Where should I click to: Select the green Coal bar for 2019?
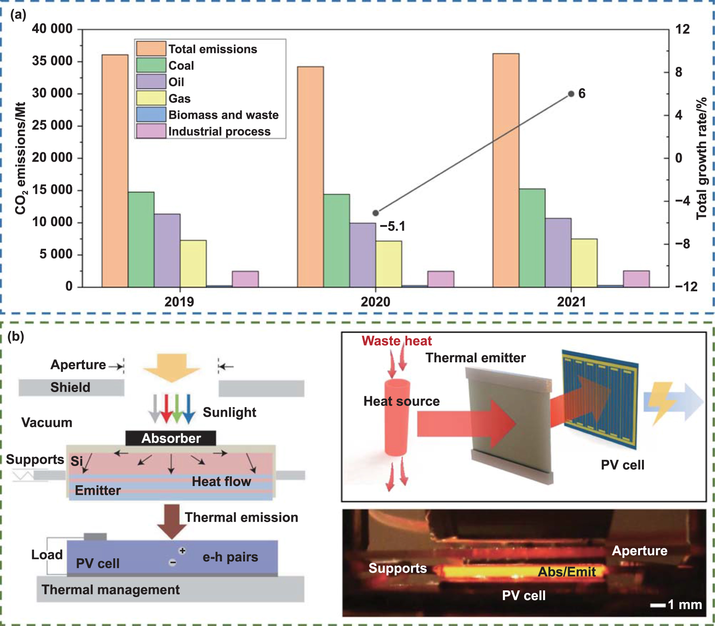[x=141, y=239]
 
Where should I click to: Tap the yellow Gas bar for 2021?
[x=584, y=263]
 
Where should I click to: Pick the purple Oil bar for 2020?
[x=363, y=255]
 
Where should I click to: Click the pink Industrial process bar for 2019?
[x=245, y=279]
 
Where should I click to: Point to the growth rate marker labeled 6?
[x=571, y=94]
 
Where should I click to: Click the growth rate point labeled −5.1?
[x=375, y=213]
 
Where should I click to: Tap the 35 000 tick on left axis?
[x=52, y=61]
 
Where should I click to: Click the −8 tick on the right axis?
[x=682, y=244]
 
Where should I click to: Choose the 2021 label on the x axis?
[x=571, y=302]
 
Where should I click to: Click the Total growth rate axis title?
[x=701, y=159]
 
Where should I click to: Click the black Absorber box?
[x=170, y=438]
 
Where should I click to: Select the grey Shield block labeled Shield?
[x=71, y=387]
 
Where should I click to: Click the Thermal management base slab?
[x=170, y=589]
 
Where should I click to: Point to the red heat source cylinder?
[x=397, y=418]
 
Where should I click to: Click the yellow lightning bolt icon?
[x=661, y=402]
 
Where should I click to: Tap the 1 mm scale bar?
[x=657, y=605]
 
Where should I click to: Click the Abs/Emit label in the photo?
[x=567, y=572]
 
